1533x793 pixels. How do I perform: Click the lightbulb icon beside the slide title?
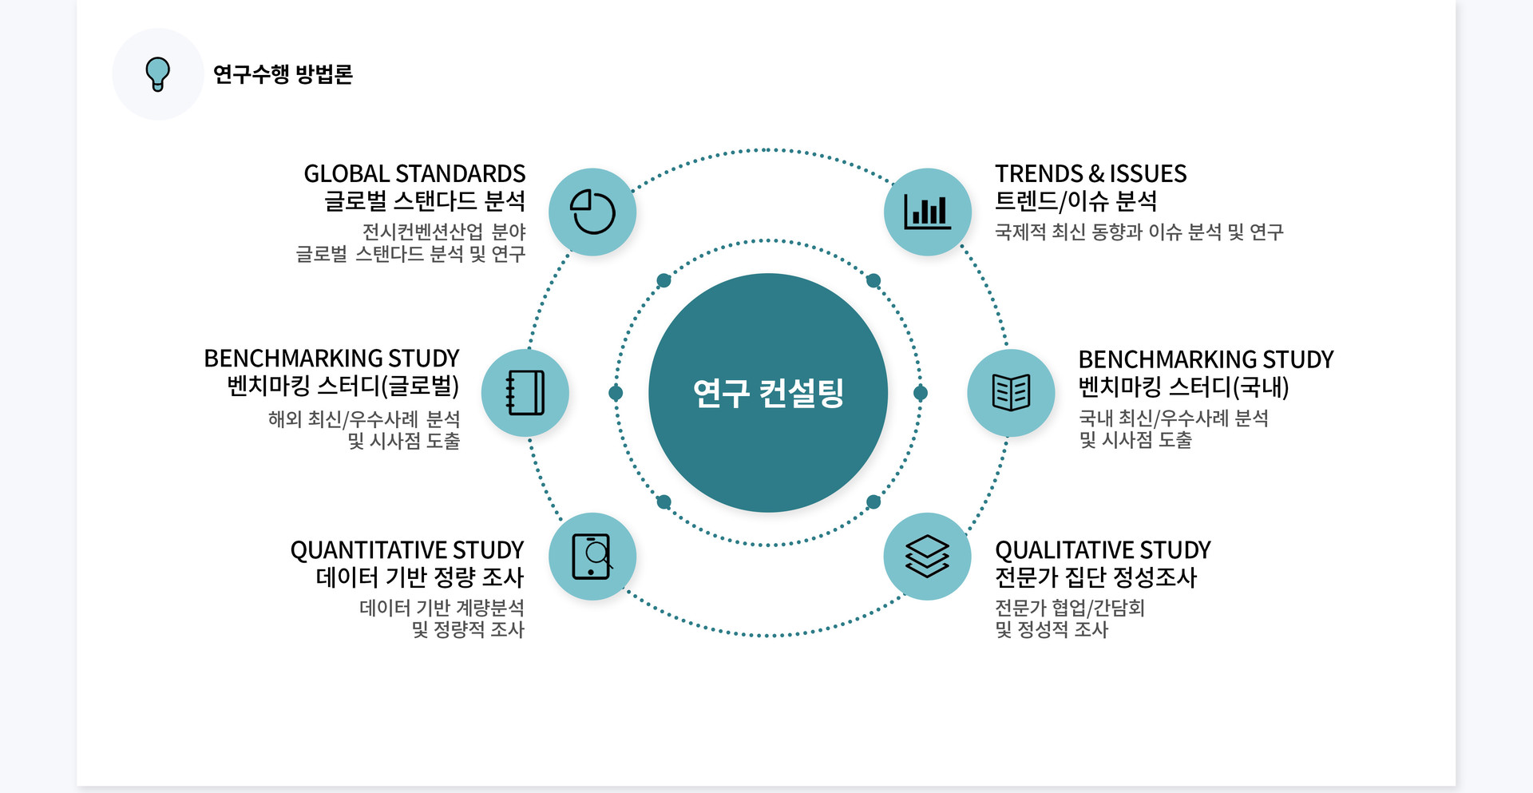[158, 74]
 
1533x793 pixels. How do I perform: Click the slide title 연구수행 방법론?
[283, 74]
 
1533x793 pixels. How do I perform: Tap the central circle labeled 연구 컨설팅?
[768, 393]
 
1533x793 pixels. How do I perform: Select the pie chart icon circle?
[592, 212]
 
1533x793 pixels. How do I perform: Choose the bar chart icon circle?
[928, 212]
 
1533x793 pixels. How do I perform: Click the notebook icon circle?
[525, 393]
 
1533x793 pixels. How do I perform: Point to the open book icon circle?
[1011, 393]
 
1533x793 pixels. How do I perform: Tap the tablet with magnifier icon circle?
[592, 557]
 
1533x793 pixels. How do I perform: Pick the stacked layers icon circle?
[928, 557]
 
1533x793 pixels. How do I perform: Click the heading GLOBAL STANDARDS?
[414, 173]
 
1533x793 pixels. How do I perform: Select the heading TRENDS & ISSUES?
[1091, 173]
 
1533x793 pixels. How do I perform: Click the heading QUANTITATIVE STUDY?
[407, 550]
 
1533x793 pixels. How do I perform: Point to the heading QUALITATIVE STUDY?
[1103, 550]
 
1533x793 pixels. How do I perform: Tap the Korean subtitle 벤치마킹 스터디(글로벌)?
[343, 387]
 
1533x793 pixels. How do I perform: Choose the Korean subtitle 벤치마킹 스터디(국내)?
[1183, 387]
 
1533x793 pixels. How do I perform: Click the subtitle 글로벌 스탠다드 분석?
[425, 201]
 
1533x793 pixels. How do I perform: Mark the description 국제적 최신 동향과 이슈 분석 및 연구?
[1139, 232]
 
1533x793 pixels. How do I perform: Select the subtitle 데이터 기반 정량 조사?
[420, 577]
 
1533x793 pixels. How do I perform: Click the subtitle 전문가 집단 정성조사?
[1095, 577]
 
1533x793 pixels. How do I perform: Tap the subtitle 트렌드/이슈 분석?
[1075, 201]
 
